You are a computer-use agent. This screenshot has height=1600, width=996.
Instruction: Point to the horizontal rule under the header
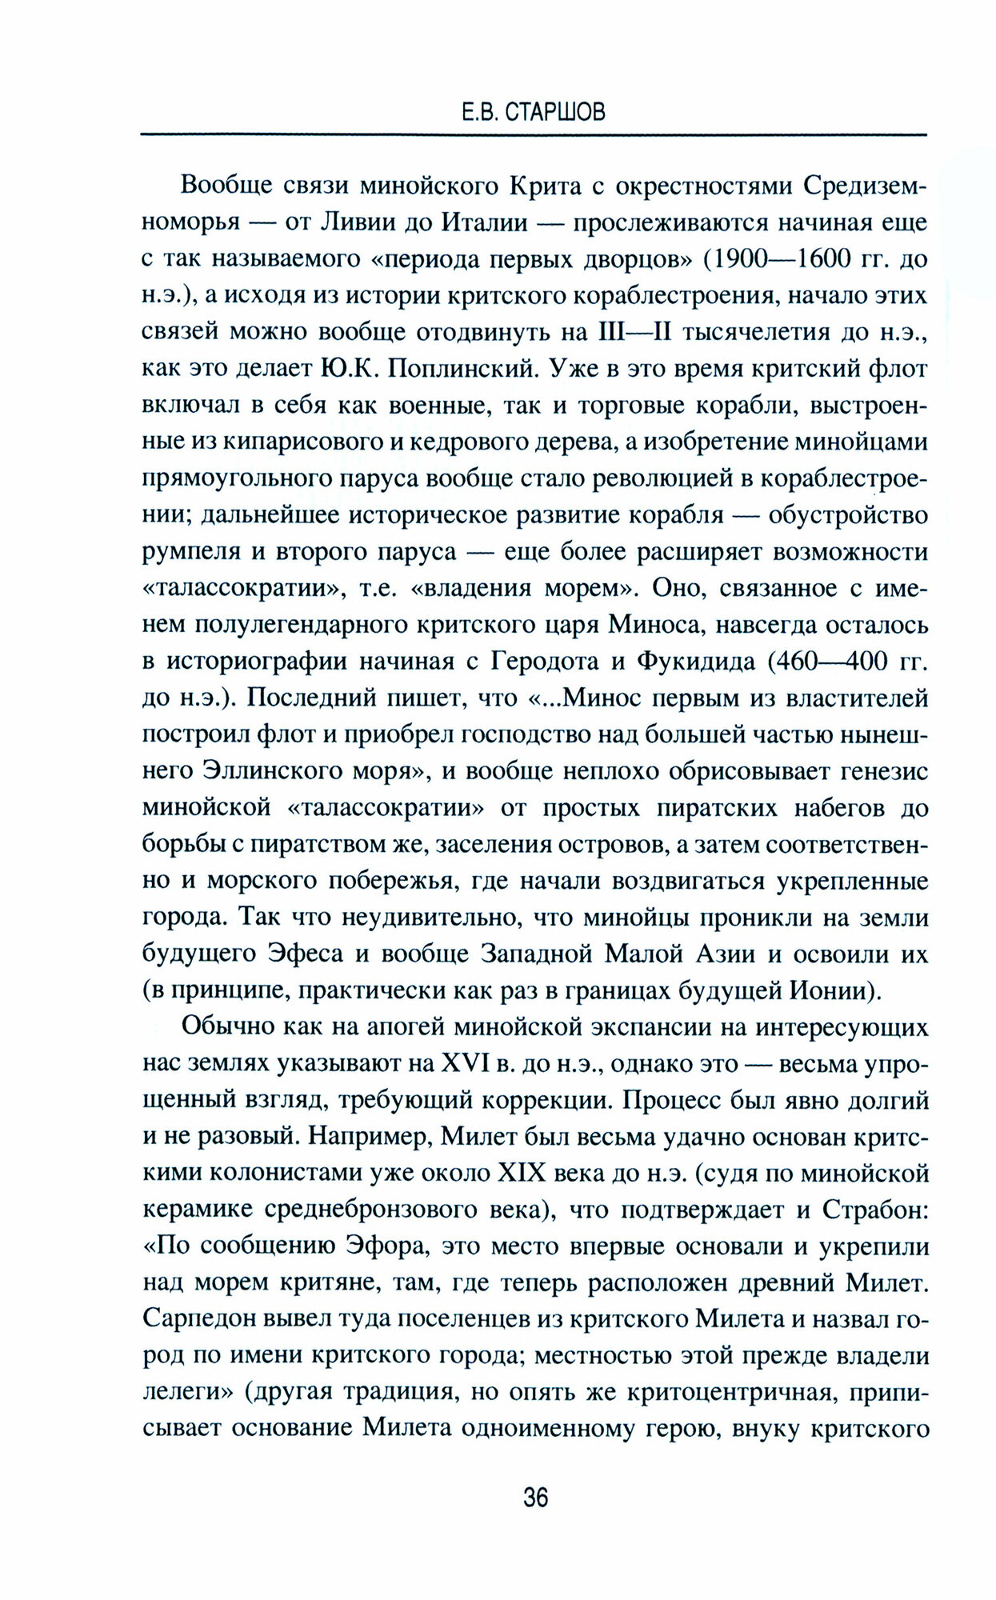[x=533, y=134]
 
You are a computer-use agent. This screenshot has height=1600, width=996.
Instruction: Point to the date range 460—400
[x=831, y=662]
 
